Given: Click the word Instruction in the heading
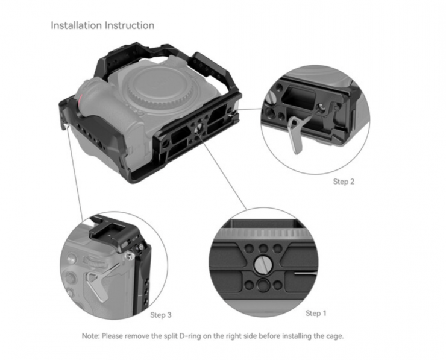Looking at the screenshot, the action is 130,25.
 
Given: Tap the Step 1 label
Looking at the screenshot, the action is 316,314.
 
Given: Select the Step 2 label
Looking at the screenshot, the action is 344,182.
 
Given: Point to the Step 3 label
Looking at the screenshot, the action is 161,315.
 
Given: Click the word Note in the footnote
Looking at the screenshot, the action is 90,336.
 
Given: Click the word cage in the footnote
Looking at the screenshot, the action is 336,336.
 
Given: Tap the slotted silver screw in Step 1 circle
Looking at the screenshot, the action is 263,265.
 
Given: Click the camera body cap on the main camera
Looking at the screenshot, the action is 154,85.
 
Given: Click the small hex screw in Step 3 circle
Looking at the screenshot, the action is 130,257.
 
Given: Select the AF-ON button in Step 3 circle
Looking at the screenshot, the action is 71,260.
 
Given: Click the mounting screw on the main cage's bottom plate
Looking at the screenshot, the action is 197,128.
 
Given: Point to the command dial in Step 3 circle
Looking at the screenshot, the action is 93,262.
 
